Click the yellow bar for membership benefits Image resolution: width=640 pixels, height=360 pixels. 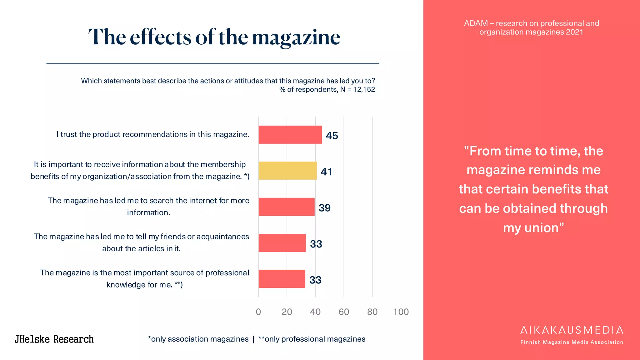pos(287,171)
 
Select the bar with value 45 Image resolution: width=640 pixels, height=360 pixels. pos(290,135)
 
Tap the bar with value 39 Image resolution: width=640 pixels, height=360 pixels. pos(286,207)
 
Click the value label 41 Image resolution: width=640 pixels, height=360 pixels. pos(326,172)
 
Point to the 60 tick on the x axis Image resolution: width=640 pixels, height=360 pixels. pos(344,312)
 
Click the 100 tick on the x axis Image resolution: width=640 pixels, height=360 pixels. pos(401,312)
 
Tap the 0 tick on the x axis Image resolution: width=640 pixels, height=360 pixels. pos(258,312)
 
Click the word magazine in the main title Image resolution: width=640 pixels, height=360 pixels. pos(296,37)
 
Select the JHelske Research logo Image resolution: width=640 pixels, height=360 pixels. pos(54,339)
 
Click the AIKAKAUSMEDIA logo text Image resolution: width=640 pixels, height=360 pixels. pos(572,330)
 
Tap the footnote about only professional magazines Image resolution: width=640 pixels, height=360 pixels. pos(312,339)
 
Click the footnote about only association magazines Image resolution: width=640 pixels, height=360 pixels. pos(198,339)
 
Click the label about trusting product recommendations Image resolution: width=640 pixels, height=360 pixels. pos(153,134)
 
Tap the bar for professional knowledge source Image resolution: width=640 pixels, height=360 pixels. pos(282,279)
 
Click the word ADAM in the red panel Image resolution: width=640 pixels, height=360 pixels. pos(476,23)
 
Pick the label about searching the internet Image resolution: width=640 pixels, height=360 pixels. pos(148,207)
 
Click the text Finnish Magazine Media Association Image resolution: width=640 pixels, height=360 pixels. pos(572,342)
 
